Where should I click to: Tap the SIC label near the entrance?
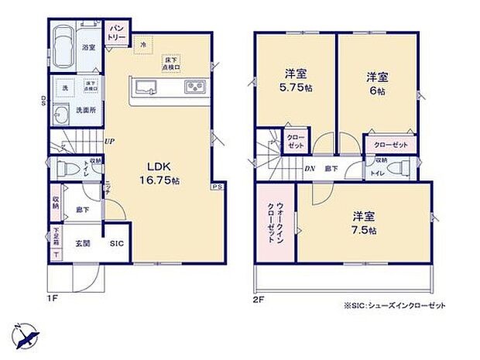117,243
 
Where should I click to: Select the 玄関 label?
83,243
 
